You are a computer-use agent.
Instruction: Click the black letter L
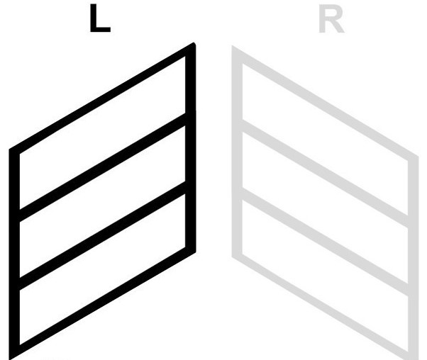(x=100, y=18)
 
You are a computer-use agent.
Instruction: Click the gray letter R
(x=331, y=20)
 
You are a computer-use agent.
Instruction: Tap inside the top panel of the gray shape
(x=325, y=140)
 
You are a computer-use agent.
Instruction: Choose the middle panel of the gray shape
(x=325, y=208)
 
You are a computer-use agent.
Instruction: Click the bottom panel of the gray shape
(x=325, y=276)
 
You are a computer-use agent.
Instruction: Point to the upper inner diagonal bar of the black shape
(x=103, y=167)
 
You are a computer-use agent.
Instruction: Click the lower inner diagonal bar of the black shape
(x=103, y=235)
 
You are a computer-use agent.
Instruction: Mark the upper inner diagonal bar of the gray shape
(x=325, y=174)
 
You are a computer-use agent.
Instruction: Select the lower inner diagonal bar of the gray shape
(x=325, y=242)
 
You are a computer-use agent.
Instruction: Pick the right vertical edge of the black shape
(x=191, y=148)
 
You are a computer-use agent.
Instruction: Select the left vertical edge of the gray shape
(x=237, y=152)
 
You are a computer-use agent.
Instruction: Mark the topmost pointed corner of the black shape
(x=194, y=43)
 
